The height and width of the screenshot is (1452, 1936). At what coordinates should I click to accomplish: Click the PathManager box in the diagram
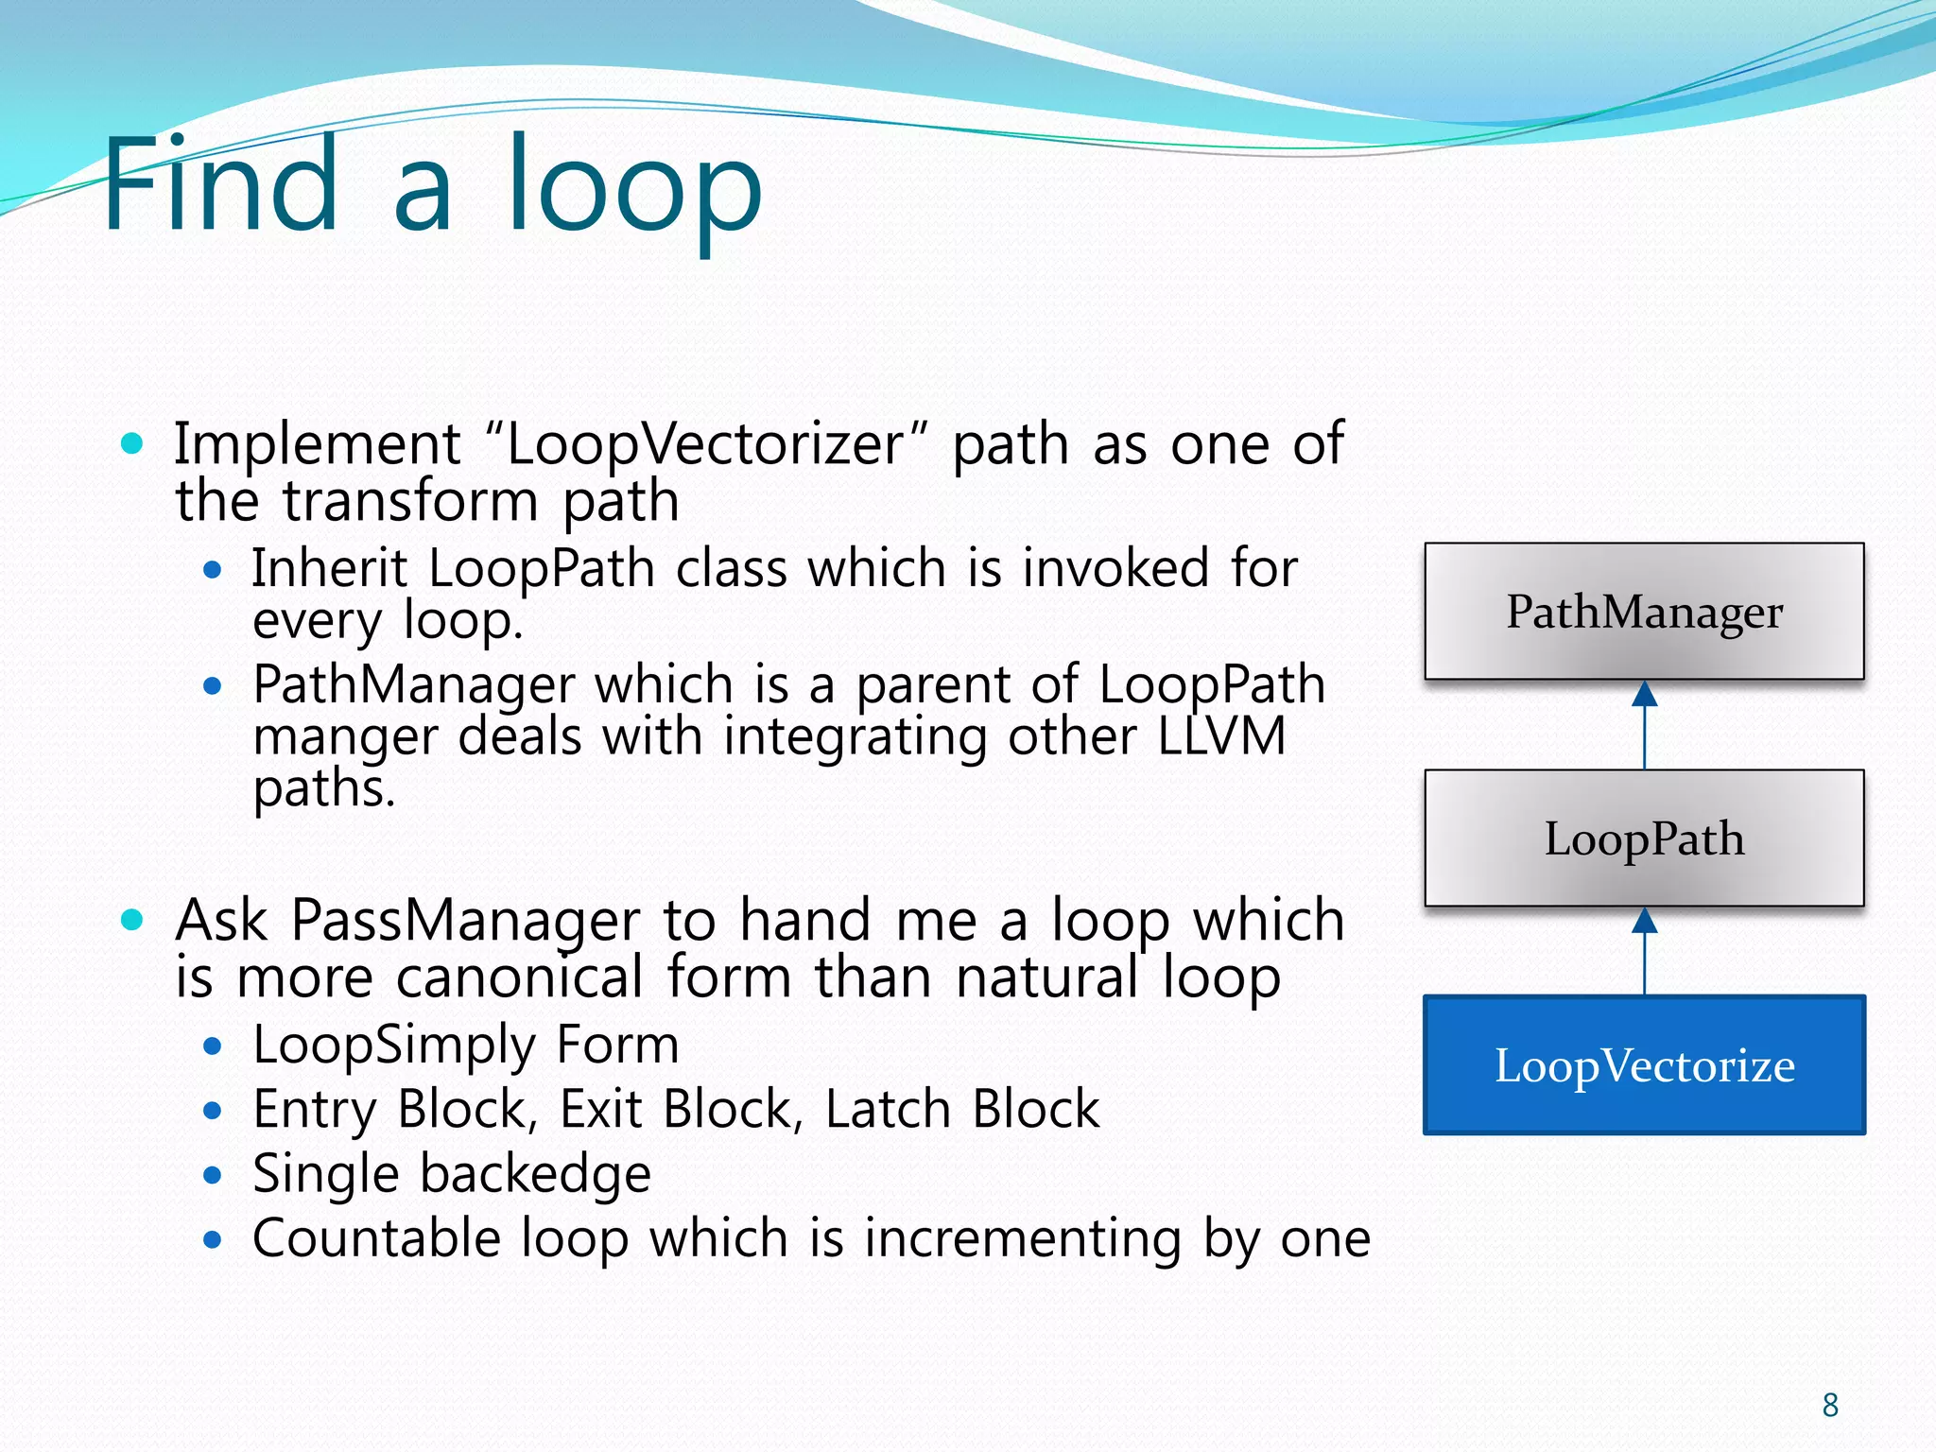coord(1644,611)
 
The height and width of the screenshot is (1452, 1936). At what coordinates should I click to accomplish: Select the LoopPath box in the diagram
coord(1644,838)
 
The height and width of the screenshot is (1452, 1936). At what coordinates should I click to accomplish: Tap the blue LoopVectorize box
coord(1644,1064)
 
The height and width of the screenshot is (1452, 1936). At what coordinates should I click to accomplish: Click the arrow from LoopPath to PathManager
coord(1645,725)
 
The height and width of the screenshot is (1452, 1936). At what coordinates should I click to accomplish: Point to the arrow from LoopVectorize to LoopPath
coord(1645,951)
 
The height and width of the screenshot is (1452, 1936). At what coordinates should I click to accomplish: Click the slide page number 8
coord(1830,1406)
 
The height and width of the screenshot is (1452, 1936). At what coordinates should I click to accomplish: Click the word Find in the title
coord(219,184)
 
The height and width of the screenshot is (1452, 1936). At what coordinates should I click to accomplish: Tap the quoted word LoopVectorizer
coord(705,444)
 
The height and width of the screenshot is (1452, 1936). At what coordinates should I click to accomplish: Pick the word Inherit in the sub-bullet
coord(329,569)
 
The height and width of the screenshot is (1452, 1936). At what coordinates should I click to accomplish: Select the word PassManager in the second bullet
coord(465,921)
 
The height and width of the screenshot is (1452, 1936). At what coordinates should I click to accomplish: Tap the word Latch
coord(887,1110)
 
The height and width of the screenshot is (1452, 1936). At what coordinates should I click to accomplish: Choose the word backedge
coord(535,1175)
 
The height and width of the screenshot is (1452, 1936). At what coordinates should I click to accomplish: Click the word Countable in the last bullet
coord(375,1238)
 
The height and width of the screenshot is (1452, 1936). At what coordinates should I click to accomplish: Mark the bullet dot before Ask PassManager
coord(132,919)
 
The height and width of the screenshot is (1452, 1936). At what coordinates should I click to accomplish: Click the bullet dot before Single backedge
coord(213,1175)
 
